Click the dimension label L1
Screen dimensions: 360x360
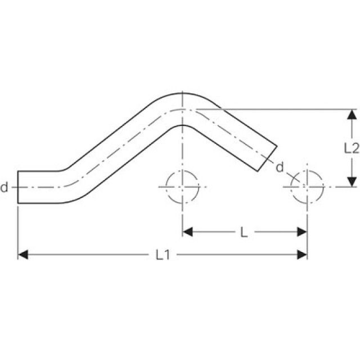pyautogui.click(x=163, y=255)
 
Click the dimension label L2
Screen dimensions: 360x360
pyautogui.click(x=351, y=147)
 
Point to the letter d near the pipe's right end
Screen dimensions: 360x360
pyautogui.click(x=279, y=166)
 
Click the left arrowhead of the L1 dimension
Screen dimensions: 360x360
pyautogui.click(x=23, y=255)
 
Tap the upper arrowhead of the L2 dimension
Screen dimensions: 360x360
pyautogui.click(x=351, y=114)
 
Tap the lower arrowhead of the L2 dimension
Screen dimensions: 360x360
pyautogui.click(x=351, y=181)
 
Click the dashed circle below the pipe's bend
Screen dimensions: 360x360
pyautogui.click(x=182, y=187)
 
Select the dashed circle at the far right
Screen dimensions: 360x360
pyautogui.click(x=307, y=187)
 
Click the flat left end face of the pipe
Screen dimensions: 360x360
pyautogui.click(x=18, y=187)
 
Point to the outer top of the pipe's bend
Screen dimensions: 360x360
pyautogui.click(x=182, y=93)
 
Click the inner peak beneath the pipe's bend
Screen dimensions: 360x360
pyautogui.click(x=182, y=124)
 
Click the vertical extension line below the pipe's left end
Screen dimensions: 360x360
pyautogui.click(x=18, y=231)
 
